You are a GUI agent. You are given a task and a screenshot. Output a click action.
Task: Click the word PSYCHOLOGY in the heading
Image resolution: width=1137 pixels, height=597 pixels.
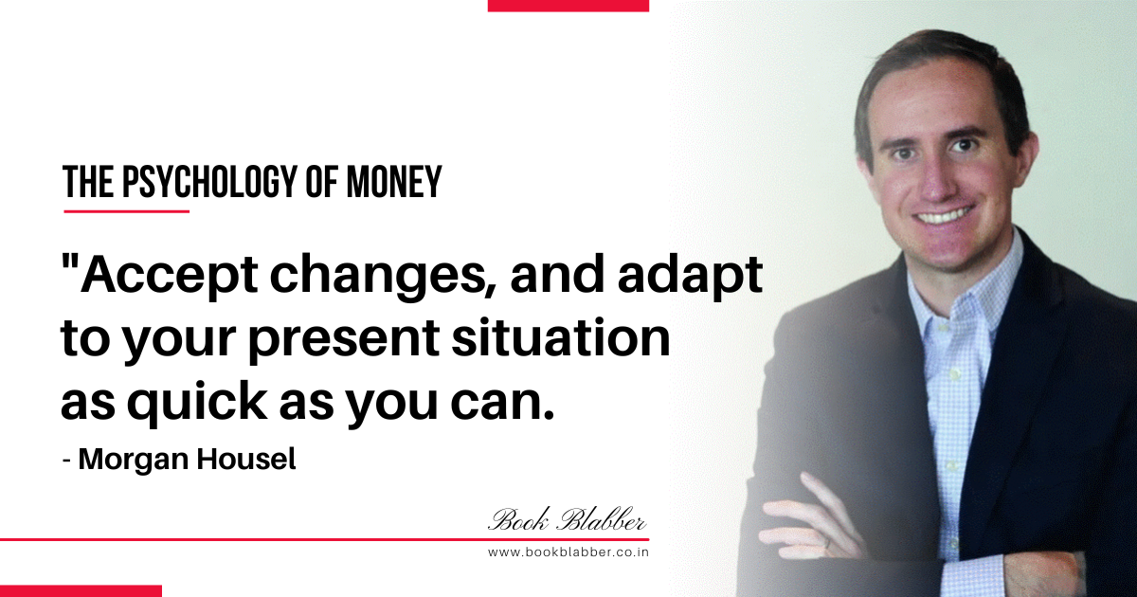209,182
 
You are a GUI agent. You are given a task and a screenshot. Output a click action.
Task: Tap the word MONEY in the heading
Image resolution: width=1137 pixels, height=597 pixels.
394,182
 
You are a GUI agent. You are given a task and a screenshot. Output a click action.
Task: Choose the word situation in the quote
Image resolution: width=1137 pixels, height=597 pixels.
561,336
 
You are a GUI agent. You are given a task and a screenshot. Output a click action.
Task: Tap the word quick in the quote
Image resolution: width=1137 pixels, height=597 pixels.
198,401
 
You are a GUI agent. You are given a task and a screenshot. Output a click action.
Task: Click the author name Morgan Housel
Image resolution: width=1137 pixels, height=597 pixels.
187,460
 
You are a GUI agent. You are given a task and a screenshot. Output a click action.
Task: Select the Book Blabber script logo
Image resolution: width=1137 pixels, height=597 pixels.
568,520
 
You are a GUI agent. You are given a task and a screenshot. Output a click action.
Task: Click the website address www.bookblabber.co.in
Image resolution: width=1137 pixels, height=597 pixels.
568,552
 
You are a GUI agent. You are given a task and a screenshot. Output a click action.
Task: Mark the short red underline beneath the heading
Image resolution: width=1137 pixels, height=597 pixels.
126,211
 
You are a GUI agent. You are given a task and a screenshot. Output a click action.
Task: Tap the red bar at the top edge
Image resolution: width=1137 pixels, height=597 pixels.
568,6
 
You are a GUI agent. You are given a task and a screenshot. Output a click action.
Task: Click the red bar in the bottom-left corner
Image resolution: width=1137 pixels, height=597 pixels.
81,591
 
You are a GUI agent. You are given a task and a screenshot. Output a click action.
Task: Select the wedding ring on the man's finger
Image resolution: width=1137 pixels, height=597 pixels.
828,543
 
